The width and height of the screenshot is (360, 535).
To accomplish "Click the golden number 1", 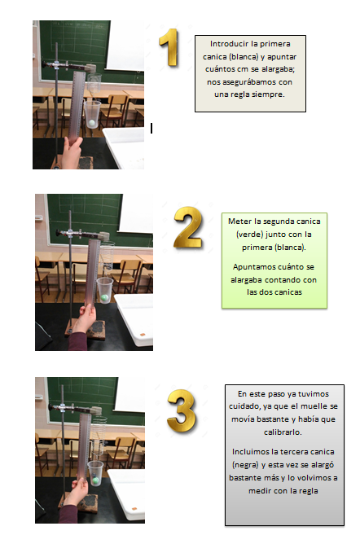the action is click(169, 47).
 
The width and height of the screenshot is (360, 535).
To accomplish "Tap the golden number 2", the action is click(188, 227).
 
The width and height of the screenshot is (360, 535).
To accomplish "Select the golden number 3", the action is click(182, 411).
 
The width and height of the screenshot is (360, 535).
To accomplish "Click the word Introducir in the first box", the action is click(226, 44).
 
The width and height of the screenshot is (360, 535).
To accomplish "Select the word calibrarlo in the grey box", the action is click(283, 432).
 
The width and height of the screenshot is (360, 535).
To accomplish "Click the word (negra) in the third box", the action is click(245, 465).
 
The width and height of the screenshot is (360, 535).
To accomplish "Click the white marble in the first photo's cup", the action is click(91, 123).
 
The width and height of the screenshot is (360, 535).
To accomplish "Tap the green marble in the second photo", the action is click(104, 298).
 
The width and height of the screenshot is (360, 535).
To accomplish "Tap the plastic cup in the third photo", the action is click(94, 473).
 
